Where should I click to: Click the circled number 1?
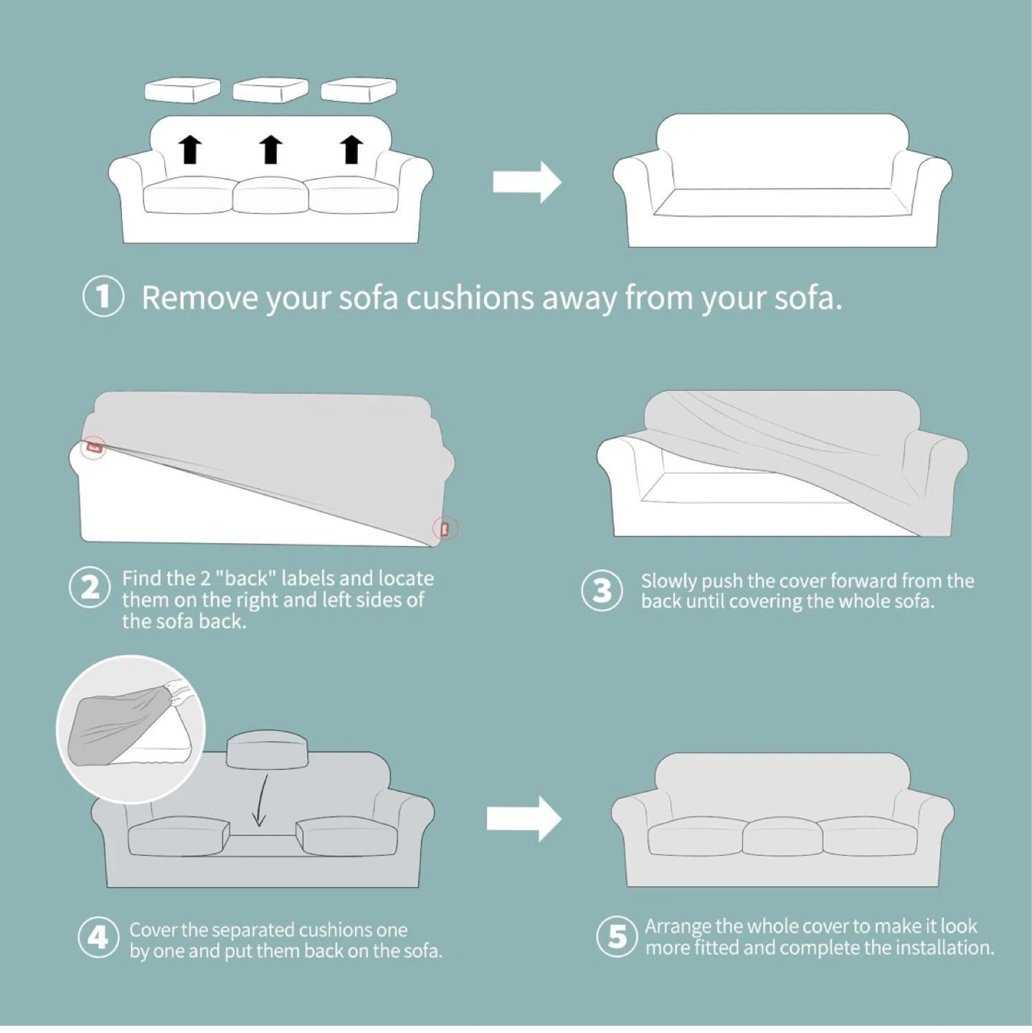(x=103, y=297)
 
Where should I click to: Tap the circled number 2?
(x=90, y=588)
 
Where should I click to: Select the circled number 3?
(x=602, y=590)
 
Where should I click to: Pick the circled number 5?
(x=617, y=936)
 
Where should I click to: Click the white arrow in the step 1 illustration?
(x=527, y=182)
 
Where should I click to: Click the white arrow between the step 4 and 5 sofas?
(x=524, y=819)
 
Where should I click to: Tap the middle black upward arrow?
(x=271, y=149)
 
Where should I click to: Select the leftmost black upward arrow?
(x=190, y=149)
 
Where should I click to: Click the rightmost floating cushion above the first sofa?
(x=359, y=90)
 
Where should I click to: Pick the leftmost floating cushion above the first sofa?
(x=182, y=90)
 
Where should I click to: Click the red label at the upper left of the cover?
(x=95, y=447)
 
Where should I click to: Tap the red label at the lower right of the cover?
(x=445, y=529)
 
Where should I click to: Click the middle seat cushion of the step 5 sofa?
(x=782, y=834)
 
